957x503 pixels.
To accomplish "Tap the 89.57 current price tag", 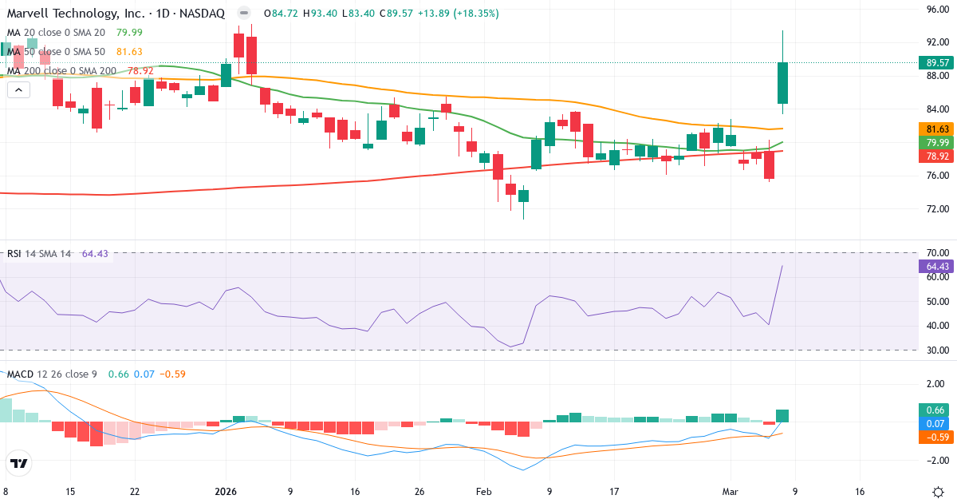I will coord(937,62).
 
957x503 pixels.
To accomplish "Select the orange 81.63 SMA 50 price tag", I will coord(937,129).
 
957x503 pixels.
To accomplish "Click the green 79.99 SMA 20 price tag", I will coord(937,142).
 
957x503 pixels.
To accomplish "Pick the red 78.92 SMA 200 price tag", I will coord(937,156).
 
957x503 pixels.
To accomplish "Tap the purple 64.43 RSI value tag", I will coord(937,266).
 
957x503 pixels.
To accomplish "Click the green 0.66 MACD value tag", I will coord(937,410).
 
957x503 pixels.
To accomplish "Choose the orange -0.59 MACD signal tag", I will coord(937,437).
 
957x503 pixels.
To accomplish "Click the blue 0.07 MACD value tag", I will coord(937,423).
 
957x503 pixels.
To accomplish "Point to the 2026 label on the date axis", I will coord(226,492).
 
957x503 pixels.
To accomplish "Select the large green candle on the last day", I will coord(783,83).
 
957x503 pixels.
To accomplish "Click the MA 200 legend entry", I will coord(62,71).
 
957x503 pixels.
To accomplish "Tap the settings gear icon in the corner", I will coord(939,492).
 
